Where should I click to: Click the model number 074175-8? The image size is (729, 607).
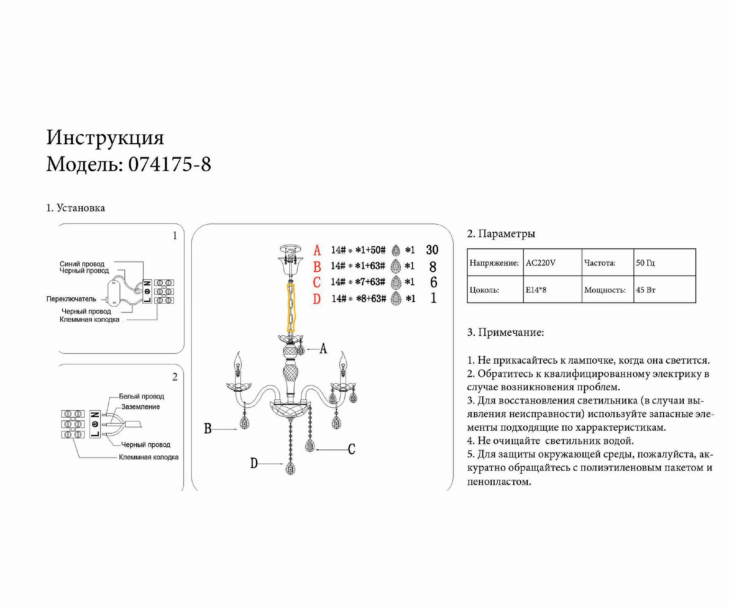pyautogui.click(x=169, y=164)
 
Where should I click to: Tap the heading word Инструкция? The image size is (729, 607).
pyautogui.click(x=105, y=137)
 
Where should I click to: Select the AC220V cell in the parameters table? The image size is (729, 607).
pyautogui.click(x=541, y=263)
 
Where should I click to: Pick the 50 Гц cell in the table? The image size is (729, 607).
pyautogui.click(x=645, y=263)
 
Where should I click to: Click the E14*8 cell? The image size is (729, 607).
pyautogui.click(x=536, y=290)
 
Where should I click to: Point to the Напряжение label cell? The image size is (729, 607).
pyautogui.click(x=494, y=263)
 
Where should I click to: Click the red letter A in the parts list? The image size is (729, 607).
pyautogui.click(x=317, y=251)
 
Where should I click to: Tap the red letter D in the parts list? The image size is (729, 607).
pyautogui.click(x=317, y=299)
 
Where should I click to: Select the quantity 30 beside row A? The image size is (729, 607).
pyautogui.click(x=432, y=250)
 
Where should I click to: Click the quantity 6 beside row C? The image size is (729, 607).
pyautogui.click(x=434, y=282)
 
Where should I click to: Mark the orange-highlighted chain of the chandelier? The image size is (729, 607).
pyautogui.click(x=291, y=307)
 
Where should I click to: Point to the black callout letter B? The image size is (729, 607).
pyautogui.click(x=208, y=429)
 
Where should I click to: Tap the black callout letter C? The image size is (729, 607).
pyautogui.click(x=352, y=449)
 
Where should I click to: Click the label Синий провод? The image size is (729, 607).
pyautogui.click(x=82, y=264)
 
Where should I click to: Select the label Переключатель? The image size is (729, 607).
pyautogui.click(x=71, y=299)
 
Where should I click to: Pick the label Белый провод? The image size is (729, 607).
pyautogui.click(x=141, y=396)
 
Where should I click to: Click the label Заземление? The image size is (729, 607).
pyautogui.click(x=140, y=407)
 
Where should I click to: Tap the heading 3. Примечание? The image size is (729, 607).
pyautogui.click(x=505, y=333)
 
